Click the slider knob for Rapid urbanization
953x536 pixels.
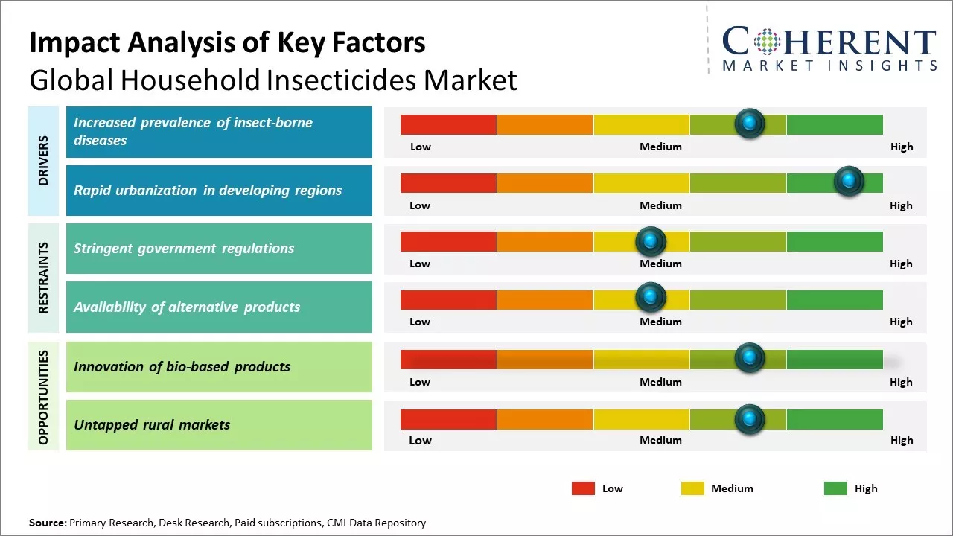click(848, 181)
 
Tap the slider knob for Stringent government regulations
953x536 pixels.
click(650, 240)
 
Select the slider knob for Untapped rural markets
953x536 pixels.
click(749, 419)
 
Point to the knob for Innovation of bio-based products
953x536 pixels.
click(749, 358)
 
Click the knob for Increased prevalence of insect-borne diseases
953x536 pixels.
click(749, 123)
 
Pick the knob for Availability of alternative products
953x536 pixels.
click(650, 298)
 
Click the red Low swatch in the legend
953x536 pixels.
click(583, 488)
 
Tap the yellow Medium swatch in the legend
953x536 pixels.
click(692, 488)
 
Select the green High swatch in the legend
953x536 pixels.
click(835, 488)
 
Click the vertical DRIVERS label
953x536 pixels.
click(43, 161)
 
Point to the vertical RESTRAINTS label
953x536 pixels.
click(43, 278)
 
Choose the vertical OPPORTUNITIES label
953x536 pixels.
click(43, 397)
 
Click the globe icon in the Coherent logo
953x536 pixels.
click(768, 42)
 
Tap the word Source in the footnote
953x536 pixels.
click(48, 523)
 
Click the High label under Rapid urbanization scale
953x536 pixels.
click(901, 205)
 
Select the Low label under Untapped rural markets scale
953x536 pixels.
click(420, 440)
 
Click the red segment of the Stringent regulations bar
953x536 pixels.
click(448, 241)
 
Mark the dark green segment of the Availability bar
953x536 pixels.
click(835, 299)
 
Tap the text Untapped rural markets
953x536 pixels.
click(152, 425)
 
